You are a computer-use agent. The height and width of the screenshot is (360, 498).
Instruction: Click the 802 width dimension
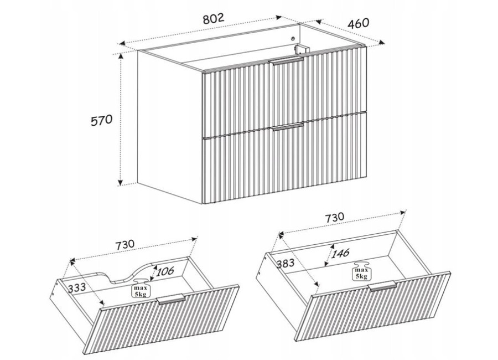(x=214, y=19)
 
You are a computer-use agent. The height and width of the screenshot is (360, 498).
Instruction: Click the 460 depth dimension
(x=359, y=23)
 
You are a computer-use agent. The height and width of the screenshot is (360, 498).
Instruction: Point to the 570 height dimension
(x=102, y=121)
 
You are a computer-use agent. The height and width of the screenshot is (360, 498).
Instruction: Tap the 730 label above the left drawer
(x=125, y=245)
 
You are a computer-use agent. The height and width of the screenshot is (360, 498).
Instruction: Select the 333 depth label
(x=76, y=287)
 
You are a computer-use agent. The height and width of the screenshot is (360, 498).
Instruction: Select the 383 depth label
(x=286, y=263)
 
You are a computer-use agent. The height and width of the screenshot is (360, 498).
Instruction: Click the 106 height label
(x=165, y=271)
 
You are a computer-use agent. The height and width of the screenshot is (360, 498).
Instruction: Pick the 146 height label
(x=340, y=253)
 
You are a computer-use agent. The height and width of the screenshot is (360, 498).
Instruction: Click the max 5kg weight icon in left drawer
(x=141, y=288)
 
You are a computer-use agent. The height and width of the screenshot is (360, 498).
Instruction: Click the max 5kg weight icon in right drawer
(x=361, y=271)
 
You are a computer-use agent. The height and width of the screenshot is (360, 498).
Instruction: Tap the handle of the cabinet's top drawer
(x=286, y=61)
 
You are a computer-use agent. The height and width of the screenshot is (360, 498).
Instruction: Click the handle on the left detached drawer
(x=170, y=299)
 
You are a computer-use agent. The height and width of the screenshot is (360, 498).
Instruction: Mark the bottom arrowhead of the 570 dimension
(x=120, y=182)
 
